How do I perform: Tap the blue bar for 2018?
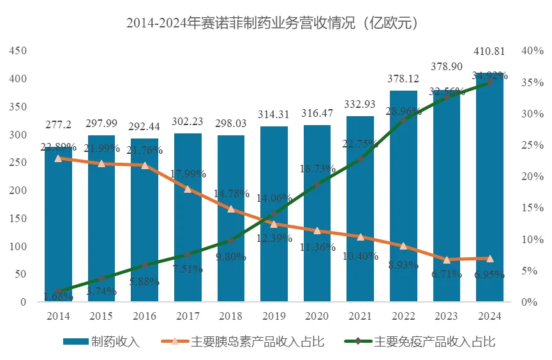tap(231, 249)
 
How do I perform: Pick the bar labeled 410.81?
tap(489, 191)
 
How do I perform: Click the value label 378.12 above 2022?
tap(403, 80)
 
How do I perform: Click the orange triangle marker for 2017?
tap(188, 189)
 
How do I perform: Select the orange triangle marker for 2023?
tap(447, 260)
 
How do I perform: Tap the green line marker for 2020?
tap(317, 184)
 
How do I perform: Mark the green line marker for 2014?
tap(58, 291)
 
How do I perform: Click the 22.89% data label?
tap(58, 147)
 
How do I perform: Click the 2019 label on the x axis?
tap(274, 316)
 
